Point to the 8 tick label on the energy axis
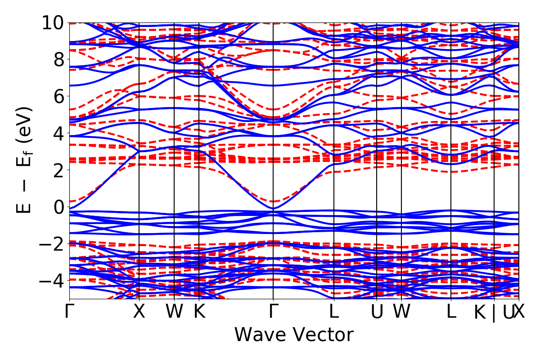58,59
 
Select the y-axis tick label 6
58,96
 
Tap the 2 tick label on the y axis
58,170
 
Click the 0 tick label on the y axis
58,207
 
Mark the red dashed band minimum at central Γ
273,201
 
